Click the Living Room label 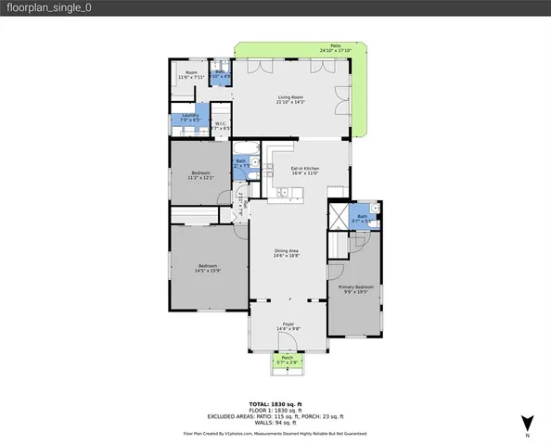290,98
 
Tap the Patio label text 335,48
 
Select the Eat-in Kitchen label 304,171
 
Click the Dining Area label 286,253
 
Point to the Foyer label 288,326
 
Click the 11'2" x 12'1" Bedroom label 201,175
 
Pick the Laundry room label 190,118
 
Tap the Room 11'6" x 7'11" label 191,74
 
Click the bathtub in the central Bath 247,149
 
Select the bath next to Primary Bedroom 363,218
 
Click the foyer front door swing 288,350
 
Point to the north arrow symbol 527,421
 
